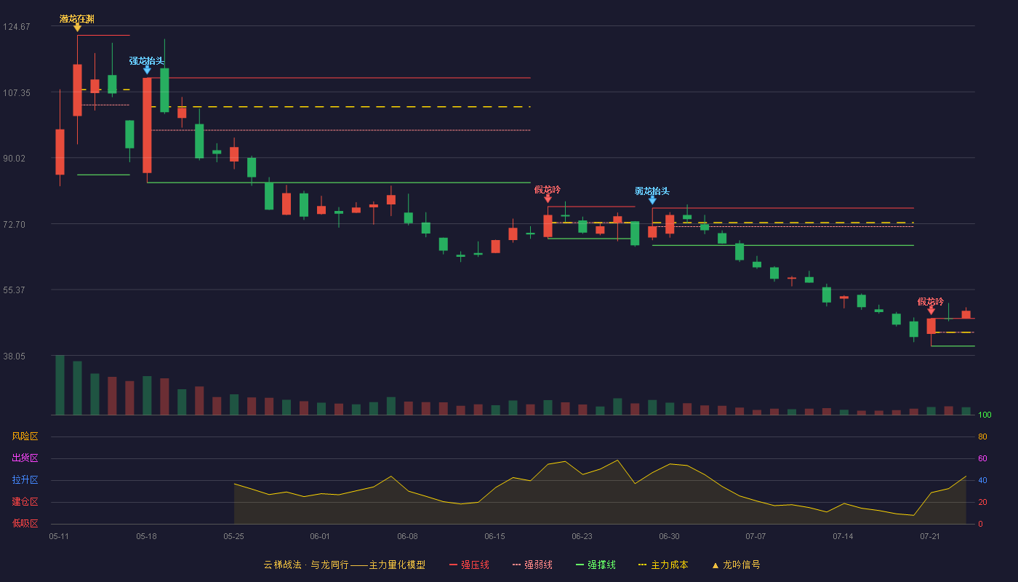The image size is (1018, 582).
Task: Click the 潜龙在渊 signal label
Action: coord(77,19)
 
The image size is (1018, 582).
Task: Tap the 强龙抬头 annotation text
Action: coord(146,61)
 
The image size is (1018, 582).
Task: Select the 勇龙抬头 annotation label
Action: coord(652,191)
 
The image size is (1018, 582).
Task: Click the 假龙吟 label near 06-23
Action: coord(547,190)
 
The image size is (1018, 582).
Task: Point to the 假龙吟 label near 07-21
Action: coord(930,301)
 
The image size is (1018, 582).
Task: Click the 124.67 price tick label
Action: coord(17,27)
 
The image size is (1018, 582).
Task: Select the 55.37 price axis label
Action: coord(14,290)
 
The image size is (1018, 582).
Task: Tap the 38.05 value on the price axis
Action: coord(14,356)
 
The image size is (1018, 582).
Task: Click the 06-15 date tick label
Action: coord(494,537)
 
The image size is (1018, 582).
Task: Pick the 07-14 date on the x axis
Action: coord(843,537)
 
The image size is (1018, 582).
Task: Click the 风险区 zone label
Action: coord(25,436)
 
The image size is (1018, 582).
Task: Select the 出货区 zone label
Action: coord(25,458)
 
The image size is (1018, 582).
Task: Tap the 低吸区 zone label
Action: coord(25,523)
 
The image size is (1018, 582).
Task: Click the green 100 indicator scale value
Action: coord(985,415)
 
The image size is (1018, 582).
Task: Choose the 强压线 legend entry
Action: coord(469,565)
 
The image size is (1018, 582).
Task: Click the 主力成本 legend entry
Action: coord(663,565)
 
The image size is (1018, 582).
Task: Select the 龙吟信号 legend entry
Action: coord(736,565)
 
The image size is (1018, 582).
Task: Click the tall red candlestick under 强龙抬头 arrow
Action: coord(147,125)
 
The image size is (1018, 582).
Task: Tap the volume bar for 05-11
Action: coord(60,385)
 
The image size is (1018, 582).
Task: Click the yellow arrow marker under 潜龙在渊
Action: coord(77,28)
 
